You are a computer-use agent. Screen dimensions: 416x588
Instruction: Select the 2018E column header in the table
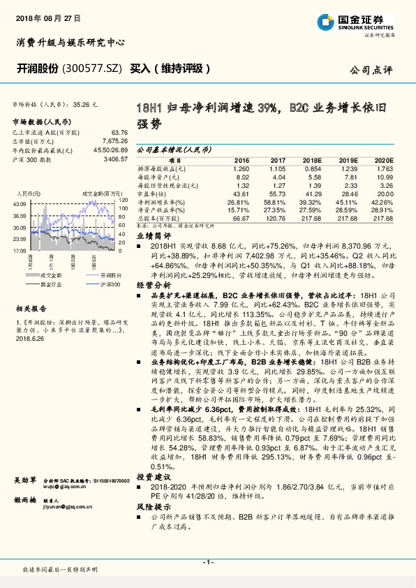click(312, 160)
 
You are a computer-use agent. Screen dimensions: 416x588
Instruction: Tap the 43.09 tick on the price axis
click(20, 203)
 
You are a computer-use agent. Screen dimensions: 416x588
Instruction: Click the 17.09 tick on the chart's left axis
click(20, 249)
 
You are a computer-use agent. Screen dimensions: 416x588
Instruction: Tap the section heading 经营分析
click(153, 286)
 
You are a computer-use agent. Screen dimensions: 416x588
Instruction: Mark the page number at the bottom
click(207, 562)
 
